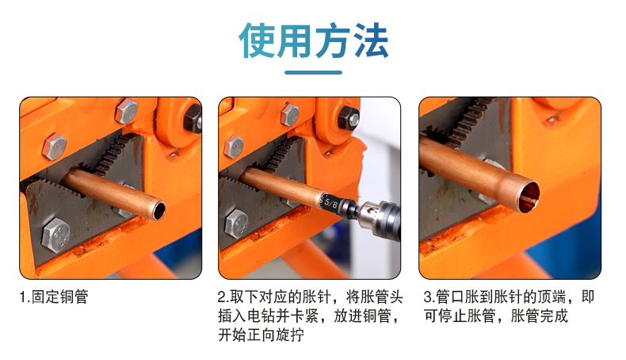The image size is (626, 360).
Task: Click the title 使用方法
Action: pos(314,40)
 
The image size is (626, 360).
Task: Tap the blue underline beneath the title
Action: pos(314,72)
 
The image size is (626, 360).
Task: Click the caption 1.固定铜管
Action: pos(54,297)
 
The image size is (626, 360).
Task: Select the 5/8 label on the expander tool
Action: pos(330,202)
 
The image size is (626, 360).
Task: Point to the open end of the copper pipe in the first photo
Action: pos(159,210)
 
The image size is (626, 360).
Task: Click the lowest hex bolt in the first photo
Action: pos(56,236)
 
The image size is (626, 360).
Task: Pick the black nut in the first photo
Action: pos(193,118)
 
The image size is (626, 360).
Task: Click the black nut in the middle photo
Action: pos(349,118)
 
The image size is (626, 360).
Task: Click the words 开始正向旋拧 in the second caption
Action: pos(261,335)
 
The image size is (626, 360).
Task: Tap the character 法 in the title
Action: pos(372,40)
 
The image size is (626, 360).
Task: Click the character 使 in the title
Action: pos(256,40)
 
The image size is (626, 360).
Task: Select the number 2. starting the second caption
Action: pos(223,297)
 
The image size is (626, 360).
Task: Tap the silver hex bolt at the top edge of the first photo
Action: pos(126,110)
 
